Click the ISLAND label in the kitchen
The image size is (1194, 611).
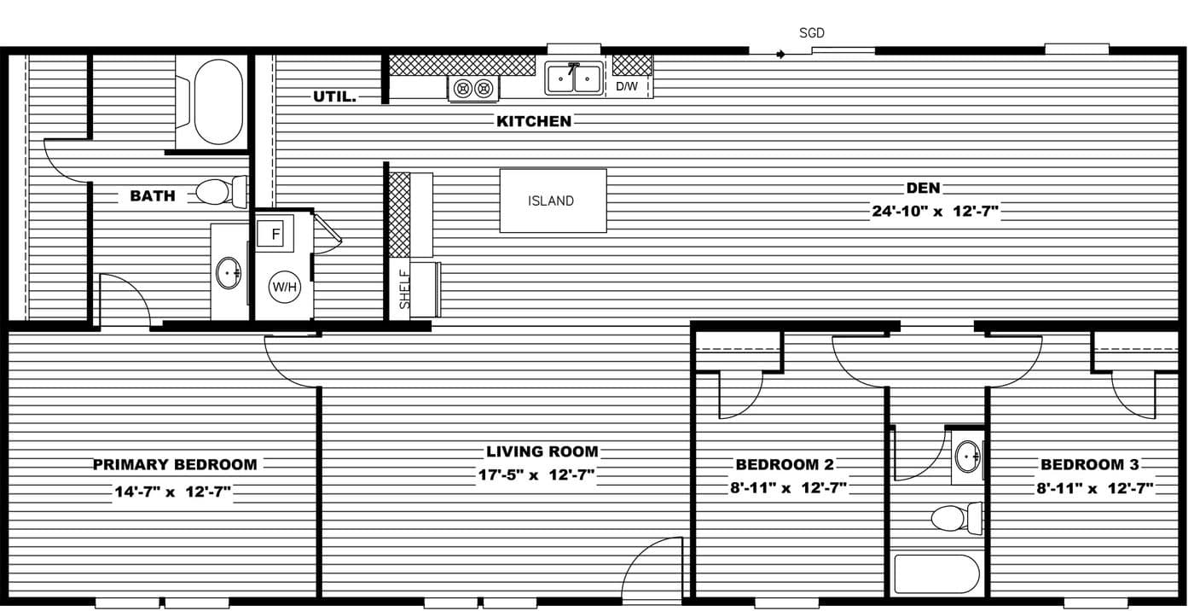point(551,201)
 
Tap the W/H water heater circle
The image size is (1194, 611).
point(285,287)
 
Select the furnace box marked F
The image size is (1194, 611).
point(275,233)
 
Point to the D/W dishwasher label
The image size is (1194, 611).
point(627,86)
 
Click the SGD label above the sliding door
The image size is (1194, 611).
point(812,33)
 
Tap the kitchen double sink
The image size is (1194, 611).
point(574,79)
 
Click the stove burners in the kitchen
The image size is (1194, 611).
point(473,88)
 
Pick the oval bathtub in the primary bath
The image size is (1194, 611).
point(218,102)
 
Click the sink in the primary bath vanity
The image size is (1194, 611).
point(229,273)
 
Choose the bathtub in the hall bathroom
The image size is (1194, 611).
point(936,574)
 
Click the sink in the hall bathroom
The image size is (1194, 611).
point(967,457)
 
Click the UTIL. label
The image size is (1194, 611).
point(334,97)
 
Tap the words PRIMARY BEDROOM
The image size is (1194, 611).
point(175,465)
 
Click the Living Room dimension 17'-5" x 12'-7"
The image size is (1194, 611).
point(536,475)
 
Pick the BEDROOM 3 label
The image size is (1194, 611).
point(1089,465)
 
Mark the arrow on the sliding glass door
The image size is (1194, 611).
point(780,55)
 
